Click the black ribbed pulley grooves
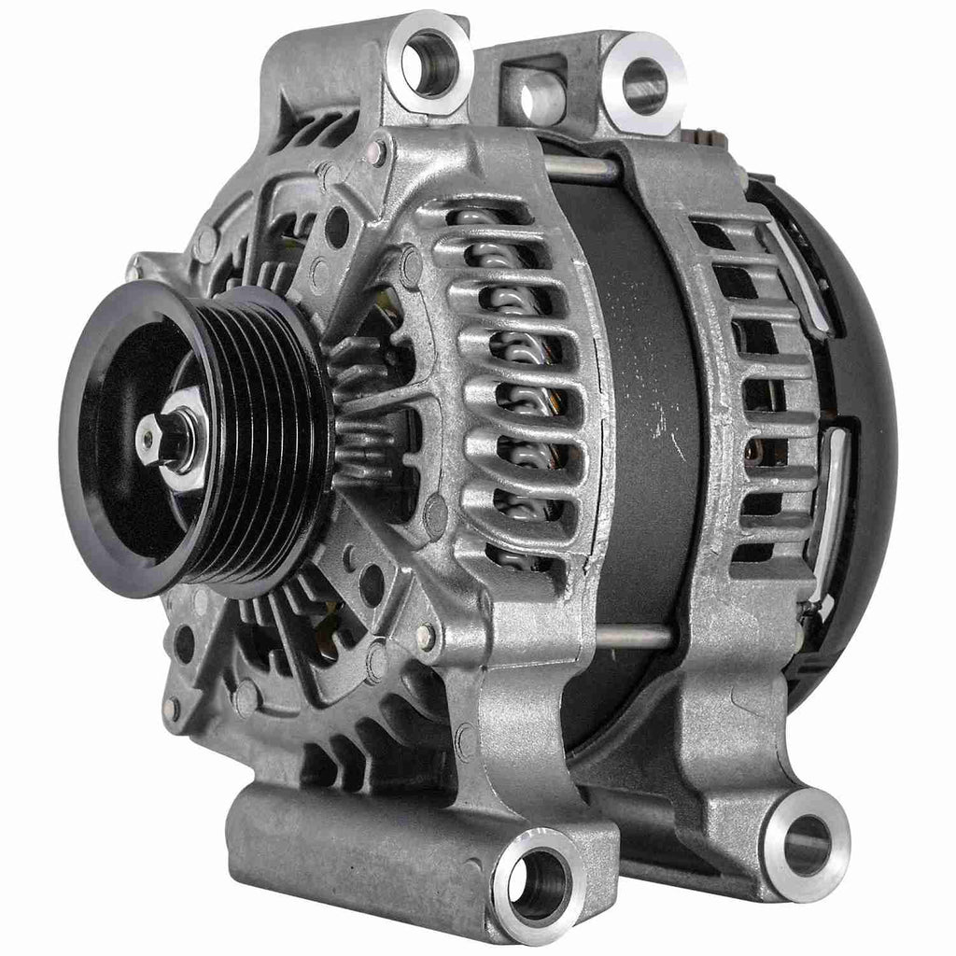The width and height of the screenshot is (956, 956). pyautogui.click(x=280, y=439)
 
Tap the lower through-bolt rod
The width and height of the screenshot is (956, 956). pyautogui.click(x=635, y=636)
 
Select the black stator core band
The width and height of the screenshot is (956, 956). pyautogui.click(x=644, y=392)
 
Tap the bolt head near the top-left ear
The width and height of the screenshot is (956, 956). pyautogui.click(x=378, y=149)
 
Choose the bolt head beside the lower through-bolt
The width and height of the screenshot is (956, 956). pyautogui.click(x=427, y=638)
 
